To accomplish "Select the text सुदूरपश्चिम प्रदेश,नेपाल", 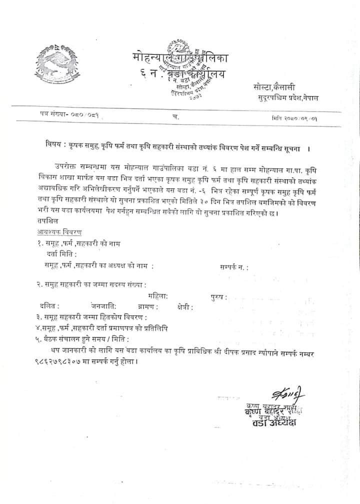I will pyautogui.click(x=285, y=98).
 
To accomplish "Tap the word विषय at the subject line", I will pyautogui.click(x=50, y=149).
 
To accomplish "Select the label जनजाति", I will pyautogui.click(x=103, y=306).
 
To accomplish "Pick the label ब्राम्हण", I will pyautogui.click(x=147, y=307).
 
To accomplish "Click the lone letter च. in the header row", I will pyautogui.click(x=174, y=116).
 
